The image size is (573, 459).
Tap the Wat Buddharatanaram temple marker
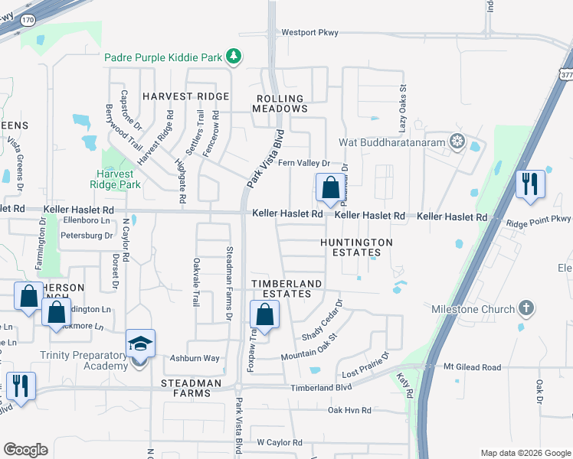pyautogui.click(x=457, y=141)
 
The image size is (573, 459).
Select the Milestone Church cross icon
pyautogui.click(x=526, y=308)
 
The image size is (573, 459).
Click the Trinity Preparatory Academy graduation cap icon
pyautogui.click(x=140, y=344)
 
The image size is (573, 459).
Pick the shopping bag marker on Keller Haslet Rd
pyautogui.click(x=329, y=187)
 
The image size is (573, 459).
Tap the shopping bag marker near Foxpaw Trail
pyautogui.click(x=264, y=314)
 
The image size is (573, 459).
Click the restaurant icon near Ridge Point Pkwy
pyautogui.click(x=530, y=184)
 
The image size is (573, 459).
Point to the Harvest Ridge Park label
pyautogui.click(x=115, y=179)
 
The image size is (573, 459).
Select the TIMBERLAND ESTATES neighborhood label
pyautogui.click(x=287, y=288)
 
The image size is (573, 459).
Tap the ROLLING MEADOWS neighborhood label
pyautogui.click(x=280, y=104)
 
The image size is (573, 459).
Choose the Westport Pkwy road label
pyautogui.click(x=309, y=33)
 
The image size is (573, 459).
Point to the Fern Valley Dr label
pyautogui.click(x=303, y=163)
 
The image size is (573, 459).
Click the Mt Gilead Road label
pyautogui.click(x=473, y=367)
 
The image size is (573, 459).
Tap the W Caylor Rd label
pyautogui.click(x=280, y=442)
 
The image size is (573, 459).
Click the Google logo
pyautogui.click(x=25, y=450)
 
